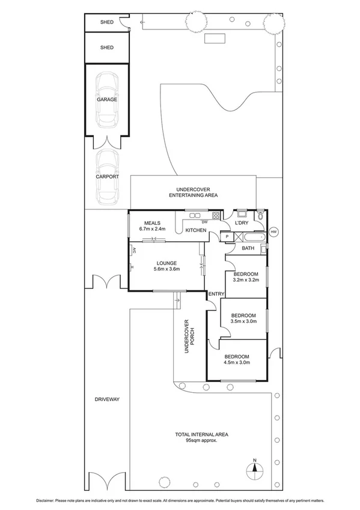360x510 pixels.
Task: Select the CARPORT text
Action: [107, 177]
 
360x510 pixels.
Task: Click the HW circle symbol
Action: [274, 232]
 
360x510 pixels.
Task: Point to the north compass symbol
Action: [254, 468]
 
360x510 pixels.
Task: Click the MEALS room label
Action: [152, 223]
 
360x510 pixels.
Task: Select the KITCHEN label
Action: [196, 230]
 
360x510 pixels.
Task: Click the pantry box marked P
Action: [227, 237]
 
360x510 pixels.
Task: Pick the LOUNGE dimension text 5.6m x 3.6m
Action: [165, 269]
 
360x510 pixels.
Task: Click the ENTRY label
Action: [216, 293]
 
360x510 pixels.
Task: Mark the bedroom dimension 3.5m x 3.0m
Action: [243, 321]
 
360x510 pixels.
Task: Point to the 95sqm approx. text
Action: [201, 440]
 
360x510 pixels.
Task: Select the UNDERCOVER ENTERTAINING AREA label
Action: [193, 192]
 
